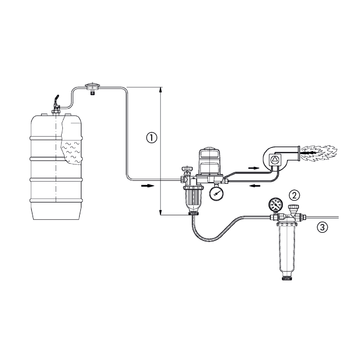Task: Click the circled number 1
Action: pos(152,138)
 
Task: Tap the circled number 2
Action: pos(294,195)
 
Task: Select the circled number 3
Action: pos(321,228)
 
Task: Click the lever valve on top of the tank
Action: pos(56,104)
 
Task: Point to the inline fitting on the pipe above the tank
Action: pos(91,88)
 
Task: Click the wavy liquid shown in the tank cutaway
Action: pos(70,152)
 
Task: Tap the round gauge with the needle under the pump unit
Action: pos(216,193)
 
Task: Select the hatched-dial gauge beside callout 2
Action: pos(275,205)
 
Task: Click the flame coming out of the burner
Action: pos(319,153)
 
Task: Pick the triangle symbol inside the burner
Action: pos(273,160)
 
